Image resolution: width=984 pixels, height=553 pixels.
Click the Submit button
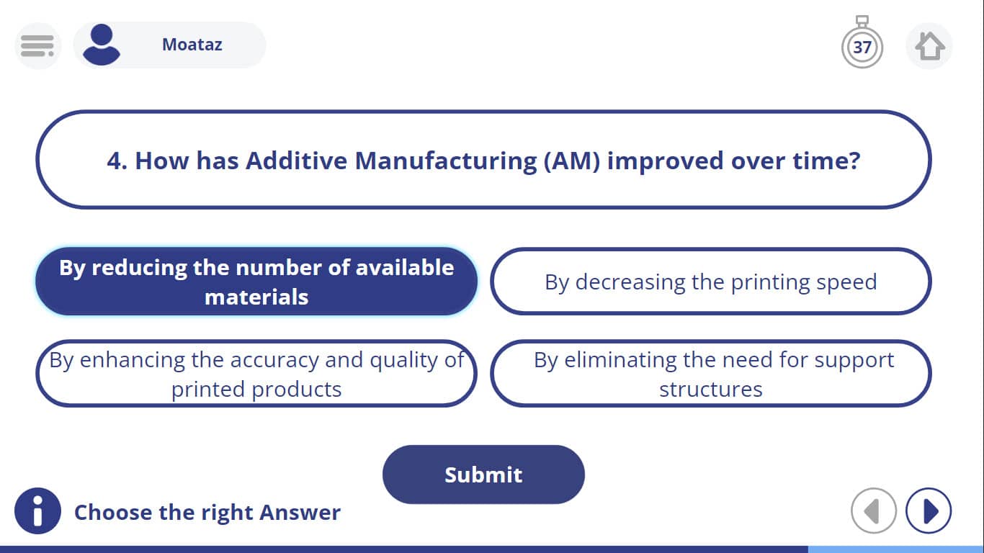(x=483, y=475)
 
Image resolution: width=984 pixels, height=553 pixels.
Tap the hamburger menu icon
(x=37, y=45)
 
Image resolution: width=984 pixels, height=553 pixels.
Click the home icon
(x=929, y=45)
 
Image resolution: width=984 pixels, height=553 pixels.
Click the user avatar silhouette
(x=102, y=45)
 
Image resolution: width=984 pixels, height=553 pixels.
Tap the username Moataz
(x=192, y=45)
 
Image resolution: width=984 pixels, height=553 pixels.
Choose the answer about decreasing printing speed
(x=711, y=282)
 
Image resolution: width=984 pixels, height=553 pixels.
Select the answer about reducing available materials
(x=256, y=282)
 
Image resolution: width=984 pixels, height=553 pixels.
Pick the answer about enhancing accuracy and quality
(x=256, y=374)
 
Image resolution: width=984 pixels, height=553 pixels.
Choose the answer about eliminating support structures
(x=711, y=374)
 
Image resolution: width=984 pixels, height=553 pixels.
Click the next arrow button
(x=929, y=511)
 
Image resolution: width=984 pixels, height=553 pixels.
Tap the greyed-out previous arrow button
(x=874, y=511)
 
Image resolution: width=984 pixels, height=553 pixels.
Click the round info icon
(x=37, y=511)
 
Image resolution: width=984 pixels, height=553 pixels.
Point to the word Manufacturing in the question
(x=446, y=161)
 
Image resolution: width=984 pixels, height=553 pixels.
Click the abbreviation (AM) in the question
(x=572, y=161)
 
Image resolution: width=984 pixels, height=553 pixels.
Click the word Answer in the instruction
(x=300, y=512)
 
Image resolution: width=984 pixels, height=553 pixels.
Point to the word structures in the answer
(x=711, y=389)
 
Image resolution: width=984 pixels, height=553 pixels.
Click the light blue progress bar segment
(x=895, y=549)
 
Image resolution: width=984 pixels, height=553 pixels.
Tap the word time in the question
(x=821, y=161)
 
